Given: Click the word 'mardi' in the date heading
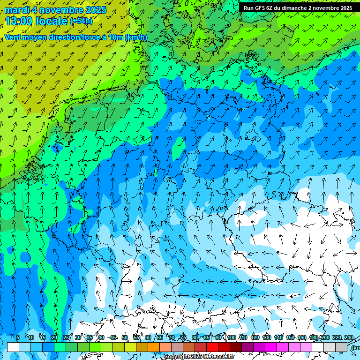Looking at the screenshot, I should coord(15,10).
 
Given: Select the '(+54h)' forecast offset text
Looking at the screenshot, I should coord(81,21).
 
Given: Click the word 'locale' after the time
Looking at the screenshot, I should coord(52,21).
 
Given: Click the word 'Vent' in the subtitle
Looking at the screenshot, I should coord(14,37).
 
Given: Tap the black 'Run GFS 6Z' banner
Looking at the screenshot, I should coord(298,8).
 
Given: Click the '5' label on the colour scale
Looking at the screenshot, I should coord(18,337).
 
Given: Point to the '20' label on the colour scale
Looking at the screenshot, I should coord(54,337).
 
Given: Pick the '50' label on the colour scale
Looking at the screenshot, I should coord(125,337).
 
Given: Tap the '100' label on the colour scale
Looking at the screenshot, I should coord(232,337).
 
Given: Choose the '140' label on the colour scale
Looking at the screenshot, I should coord(278,337).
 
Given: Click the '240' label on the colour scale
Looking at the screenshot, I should coord(349,337).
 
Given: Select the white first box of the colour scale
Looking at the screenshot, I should coord(13,347).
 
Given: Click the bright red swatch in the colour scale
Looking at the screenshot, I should coord(212,347).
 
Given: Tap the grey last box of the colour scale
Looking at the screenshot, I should coord(341,347).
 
